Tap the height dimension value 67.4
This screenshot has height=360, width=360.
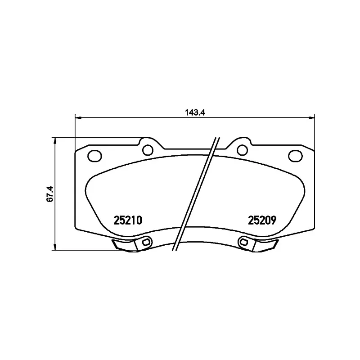[x=50, y=193]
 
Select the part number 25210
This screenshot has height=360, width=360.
[x=128, y=221]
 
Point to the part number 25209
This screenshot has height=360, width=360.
[x=262, y=221]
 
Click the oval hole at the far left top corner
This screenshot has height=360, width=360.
[x=94, y=156]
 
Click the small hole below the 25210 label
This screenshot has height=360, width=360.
[x=145, y=243]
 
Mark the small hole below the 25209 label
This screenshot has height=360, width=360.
[x=244, y=243]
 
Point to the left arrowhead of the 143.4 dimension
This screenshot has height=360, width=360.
[x=77, y=118]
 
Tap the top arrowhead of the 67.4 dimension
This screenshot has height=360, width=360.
[x=55, y=140]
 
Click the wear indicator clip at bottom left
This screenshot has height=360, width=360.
[x=124, y=245]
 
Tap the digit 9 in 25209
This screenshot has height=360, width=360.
[x=273, y=221]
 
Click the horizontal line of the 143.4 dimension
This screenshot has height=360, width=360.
[x=135, y=118]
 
